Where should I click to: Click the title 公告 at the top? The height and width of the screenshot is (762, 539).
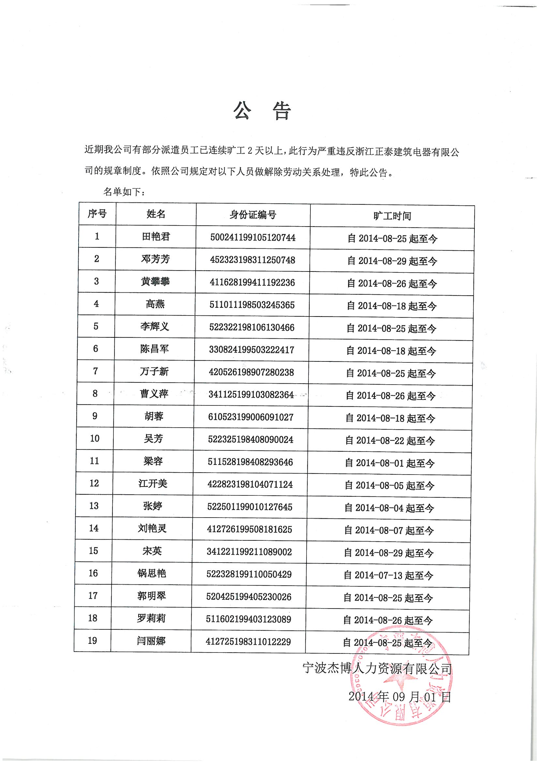[262, 110]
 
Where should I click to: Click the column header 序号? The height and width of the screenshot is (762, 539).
[97, 214]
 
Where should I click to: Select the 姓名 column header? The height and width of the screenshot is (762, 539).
[156, 214]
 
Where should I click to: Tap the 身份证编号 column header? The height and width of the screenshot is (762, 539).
[253, 215]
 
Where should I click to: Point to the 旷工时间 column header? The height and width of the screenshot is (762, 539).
[392, 216]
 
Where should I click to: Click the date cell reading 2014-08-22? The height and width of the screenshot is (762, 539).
[390, 440]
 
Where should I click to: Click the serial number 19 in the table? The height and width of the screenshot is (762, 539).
[92, 640]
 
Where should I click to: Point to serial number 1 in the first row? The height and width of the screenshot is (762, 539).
[97, 236]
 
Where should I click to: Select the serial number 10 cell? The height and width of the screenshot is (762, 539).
[95, 438]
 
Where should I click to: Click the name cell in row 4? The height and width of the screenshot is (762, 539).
[155, 304]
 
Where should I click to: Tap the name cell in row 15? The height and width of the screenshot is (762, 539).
[152, 551]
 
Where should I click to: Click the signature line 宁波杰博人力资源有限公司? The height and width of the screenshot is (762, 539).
[377, 668]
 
